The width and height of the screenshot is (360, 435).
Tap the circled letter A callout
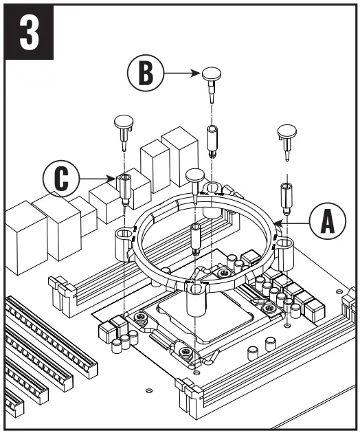[325, 223]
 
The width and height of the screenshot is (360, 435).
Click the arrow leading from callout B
[182, 71]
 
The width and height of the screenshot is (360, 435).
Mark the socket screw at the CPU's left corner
[141, 317]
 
